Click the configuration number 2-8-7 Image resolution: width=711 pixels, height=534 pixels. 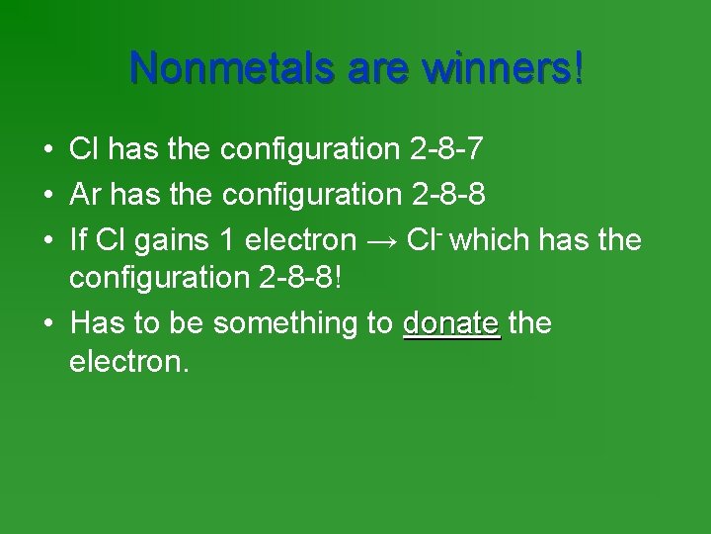(445, 150)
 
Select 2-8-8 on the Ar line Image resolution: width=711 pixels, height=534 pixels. (446, 194)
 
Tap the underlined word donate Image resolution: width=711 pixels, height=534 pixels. (452, 324)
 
